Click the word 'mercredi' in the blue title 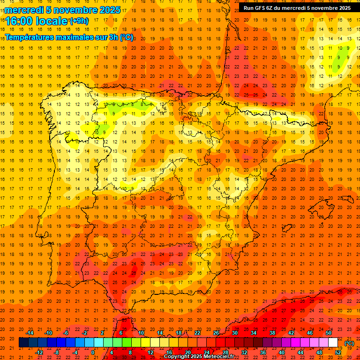coord(24,10)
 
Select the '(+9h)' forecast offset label coord(78,21)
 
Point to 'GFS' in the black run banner coord(259,8)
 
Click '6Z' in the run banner coord(269,8)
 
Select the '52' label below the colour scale coord(338,352)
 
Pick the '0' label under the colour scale coord(93,352)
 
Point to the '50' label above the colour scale coord(329,333)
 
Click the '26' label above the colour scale coord(216,333)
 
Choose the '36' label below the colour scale coord(263,352)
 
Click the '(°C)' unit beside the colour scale coord(349,343)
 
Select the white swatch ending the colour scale coord(333,343)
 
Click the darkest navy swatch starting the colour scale coord(23,343)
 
